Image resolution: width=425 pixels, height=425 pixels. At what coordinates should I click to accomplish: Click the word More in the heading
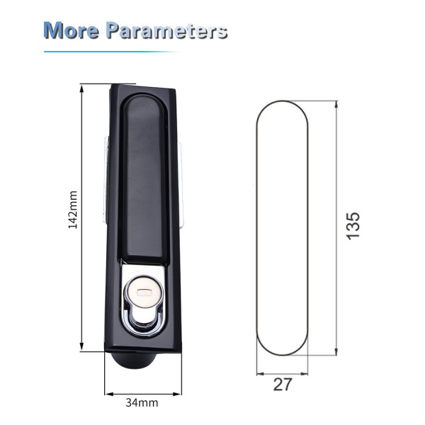point(72,30)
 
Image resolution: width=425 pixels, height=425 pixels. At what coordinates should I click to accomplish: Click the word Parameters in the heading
point(166,30)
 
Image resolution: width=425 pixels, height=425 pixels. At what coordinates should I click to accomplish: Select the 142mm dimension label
point(73,210)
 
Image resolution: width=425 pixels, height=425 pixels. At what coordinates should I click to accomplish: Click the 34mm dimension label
point(142,403)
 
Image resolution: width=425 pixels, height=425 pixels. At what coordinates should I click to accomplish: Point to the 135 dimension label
point(353,226)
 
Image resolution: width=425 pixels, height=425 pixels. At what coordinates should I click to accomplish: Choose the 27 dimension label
point(283,385)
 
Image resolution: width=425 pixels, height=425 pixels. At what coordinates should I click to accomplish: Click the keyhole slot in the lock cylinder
point(144,293)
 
